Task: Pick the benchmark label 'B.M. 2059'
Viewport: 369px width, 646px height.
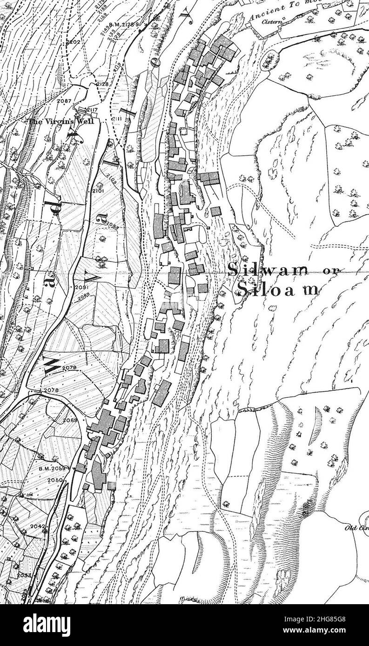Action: pos(57,468)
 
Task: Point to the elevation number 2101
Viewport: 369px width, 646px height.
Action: pos(98,191)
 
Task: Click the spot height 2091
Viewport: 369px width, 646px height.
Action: pos(81,288)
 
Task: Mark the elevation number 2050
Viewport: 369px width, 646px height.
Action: pos(55,479)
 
